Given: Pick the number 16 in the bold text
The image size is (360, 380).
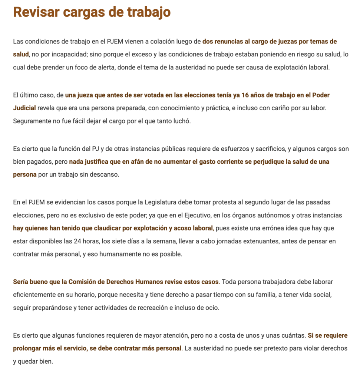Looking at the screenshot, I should [x=245, y=95].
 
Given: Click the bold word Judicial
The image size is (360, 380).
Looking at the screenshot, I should [x=24, y=108].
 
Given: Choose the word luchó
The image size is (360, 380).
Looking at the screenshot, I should [x=182, y=121].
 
